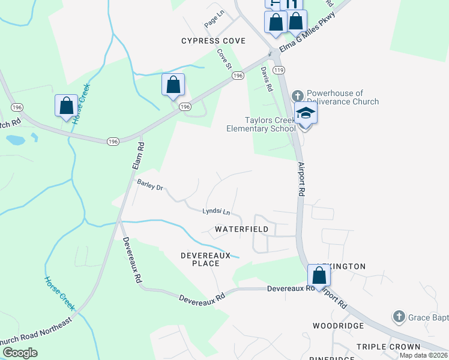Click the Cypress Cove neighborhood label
[x=214, y=41]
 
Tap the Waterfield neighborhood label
[x=242, y=229]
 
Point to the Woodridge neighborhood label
[x=338, y=325]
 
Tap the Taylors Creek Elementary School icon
[x=305, y=113]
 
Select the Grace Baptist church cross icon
[x=399, y=316]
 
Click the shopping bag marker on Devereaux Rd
[x=319, y=276]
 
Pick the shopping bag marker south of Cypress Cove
[x=173, y=85]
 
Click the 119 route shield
[x=278, y=70]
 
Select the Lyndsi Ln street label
[x=216, y=211]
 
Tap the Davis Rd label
[x=267, y=79]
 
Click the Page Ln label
[x=213, y=21]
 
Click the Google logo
[x=20, y=353]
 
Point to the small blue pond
[x=15, y=140]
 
